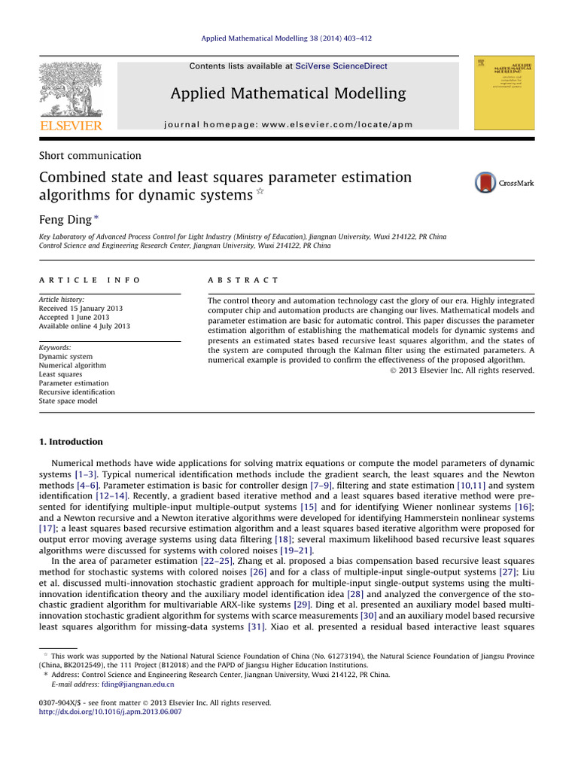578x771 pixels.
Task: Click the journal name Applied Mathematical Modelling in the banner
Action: point(288,93)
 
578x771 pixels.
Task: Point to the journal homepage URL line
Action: point(288,124)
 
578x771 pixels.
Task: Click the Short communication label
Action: point(90,156)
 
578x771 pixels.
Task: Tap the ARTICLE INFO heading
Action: point(90,279)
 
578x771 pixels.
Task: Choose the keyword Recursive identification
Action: point(77,392)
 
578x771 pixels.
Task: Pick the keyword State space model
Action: point(68,401)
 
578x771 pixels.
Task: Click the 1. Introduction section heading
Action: point(71,442)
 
